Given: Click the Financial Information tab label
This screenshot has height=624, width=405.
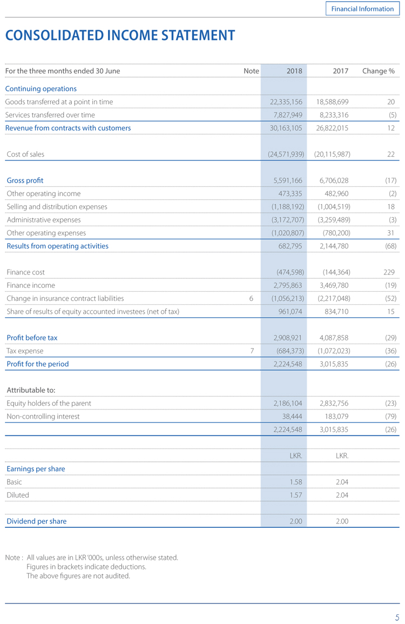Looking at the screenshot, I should point(362,9).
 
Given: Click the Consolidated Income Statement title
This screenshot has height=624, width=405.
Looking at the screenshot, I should point(120,36).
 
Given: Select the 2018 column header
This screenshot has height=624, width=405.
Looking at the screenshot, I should point(294,71).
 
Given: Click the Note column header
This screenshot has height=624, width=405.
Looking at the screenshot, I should point(251,71).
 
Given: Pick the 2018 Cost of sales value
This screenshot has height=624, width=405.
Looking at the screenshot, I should point(286,154).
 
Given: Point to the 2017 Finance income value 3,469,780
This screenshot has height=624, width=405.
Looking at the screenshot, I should point(334,285).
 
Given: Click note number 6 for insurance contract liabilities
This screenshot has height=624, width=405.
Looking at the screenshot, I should point(251,298).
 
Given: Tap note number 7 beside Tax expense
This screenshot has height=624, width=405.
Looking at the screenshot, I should point(252,351).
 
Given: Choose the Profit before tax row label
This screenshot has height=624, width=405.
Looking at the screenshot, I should point(32,338).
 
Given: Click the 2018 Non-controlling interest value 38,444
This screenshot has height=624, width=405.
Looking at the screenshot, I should point(292,417).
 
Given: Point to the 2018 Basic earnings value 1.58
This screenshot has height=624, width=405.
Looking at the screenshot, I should point(294,482).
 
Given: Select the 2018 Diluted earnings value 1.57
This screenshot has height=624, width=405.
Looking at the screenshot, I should point(294,495).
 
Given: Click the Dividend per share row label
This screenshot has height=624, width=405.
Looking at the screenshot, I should point(37,521).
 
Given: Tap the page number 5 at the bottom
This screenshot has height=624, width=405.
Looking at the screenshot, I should point(397,618).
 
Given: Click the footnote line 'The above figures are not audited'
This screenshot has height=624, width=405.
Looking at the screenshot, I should point(78,576).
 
